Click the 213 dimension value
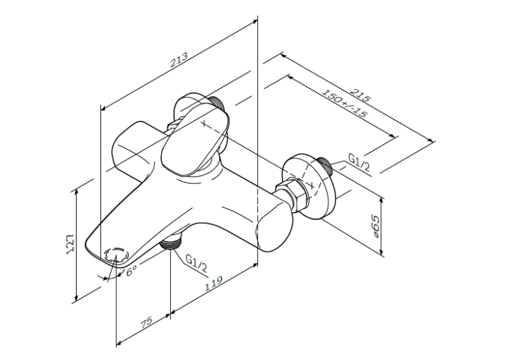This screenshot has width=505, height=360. click(179, 60)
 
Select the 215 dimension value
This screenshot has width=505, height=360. click(360, 94)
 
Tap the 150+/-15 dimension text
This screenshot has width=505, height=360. click(345, 104)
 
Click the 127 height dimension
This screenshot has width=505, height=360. click(71, 244)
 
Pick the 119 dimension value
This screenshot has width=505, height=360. click(214, 283)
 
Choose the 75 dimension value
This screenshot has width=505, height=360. click(146, 322)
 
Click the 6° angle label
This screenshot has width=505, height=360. click(131, 271)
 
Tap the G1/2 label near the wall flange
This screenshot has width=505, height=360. click(359, 162)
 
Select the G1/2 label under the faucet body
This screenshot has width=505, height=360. click(196, 264)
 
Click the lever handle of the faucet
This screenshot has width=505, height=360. click(195, 139)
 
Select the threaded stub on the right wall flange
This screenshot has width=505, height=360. click(324, 166)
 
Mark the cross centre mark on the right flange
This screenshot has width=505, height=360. click(311, 186)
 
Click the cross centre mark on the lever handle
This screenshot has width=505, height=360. click(205, 123)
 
